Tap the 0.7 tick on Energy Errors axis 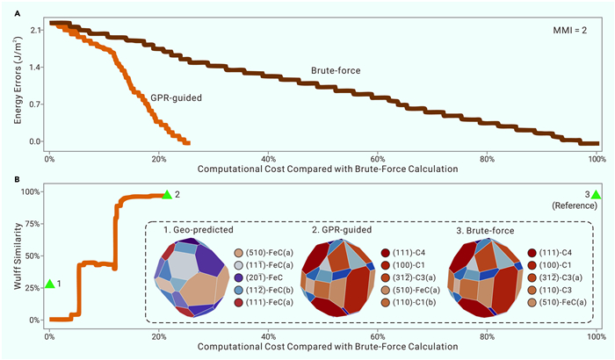click(33, 104)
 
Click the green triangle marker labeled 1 click(50, 284)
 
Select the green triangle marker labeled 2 click(166, 194)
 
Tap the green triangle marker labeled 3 click(596, 194)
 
